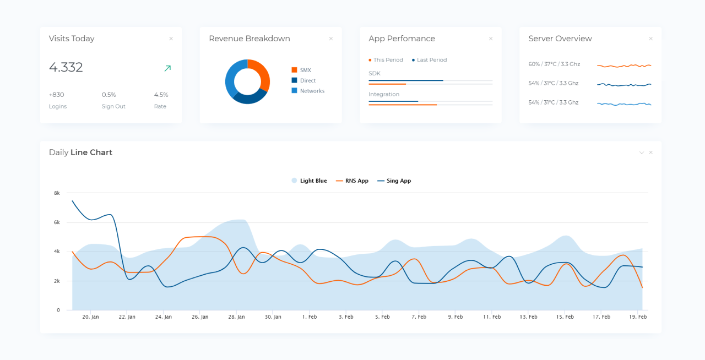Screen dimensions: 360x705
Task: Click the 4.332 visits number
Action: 66,67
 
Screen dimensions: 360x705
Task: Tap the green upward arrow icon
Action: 167,68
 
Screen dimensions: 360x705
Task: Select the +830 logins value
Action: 57,95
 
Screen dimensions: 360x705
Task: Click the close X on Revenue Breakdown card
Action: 331,39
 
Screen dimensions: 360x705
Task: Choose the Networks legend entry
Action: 312,91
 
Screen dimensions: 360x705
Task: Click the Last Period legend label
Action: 431,59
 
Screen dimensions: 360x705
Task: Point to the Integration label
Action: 384,94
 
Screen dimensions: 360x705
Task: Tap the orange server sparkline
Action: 624,66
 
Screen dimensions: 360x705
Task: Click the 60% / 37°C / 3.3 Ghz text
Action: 554,64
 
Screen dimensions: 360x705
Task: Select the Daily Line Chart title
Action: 80,152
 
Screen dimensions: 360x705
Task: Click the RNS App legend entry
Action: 356,181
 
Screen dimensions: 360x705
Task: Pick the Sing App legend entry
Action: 398,181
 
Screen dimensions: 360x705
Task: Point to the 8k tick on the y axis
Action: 57,193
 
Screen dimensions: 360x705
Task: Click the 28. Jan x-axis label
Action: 236,317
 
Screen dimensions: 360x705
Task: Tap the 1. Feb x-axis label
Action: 309,317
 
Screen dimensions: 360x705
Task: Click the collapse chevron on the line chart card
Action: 641,152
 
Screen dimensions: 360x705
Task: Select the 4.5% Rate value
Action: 161,95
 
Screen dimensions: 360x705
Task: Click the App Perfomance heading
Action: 402,39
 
